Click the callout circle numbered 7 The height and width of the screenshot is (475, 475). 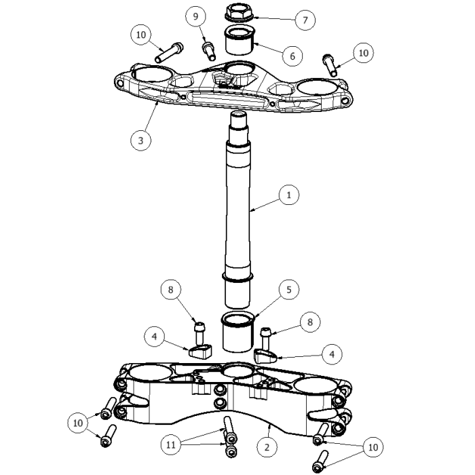point(305,20)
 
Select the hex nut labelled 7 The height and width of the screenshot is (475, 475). point(238,13)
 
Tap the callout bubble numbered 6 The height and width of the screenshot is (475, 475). point(292,55)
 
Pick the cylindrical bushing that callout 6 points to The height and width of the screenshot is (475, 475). point(239,41)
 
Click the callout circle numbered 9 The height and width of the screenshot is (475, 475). point(195,16)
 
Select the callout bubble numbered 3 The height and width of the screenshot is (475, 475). point(140,140)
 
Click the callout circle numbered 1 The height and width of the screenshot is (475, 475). point(288,195)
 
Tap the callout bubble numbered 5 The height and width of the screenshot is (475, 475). point(288,290)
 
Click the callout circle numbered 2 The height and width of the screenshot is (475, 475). point(266,446)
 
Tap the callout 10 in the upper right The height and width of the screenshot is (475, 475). point(363,52)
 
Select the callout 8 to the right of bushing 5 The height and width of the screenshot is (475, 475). point(309,322)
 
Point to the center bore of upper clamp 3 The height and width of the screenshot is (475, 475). point(237,69)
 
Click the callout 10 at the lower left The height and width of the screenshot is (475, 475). point(79,423)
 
